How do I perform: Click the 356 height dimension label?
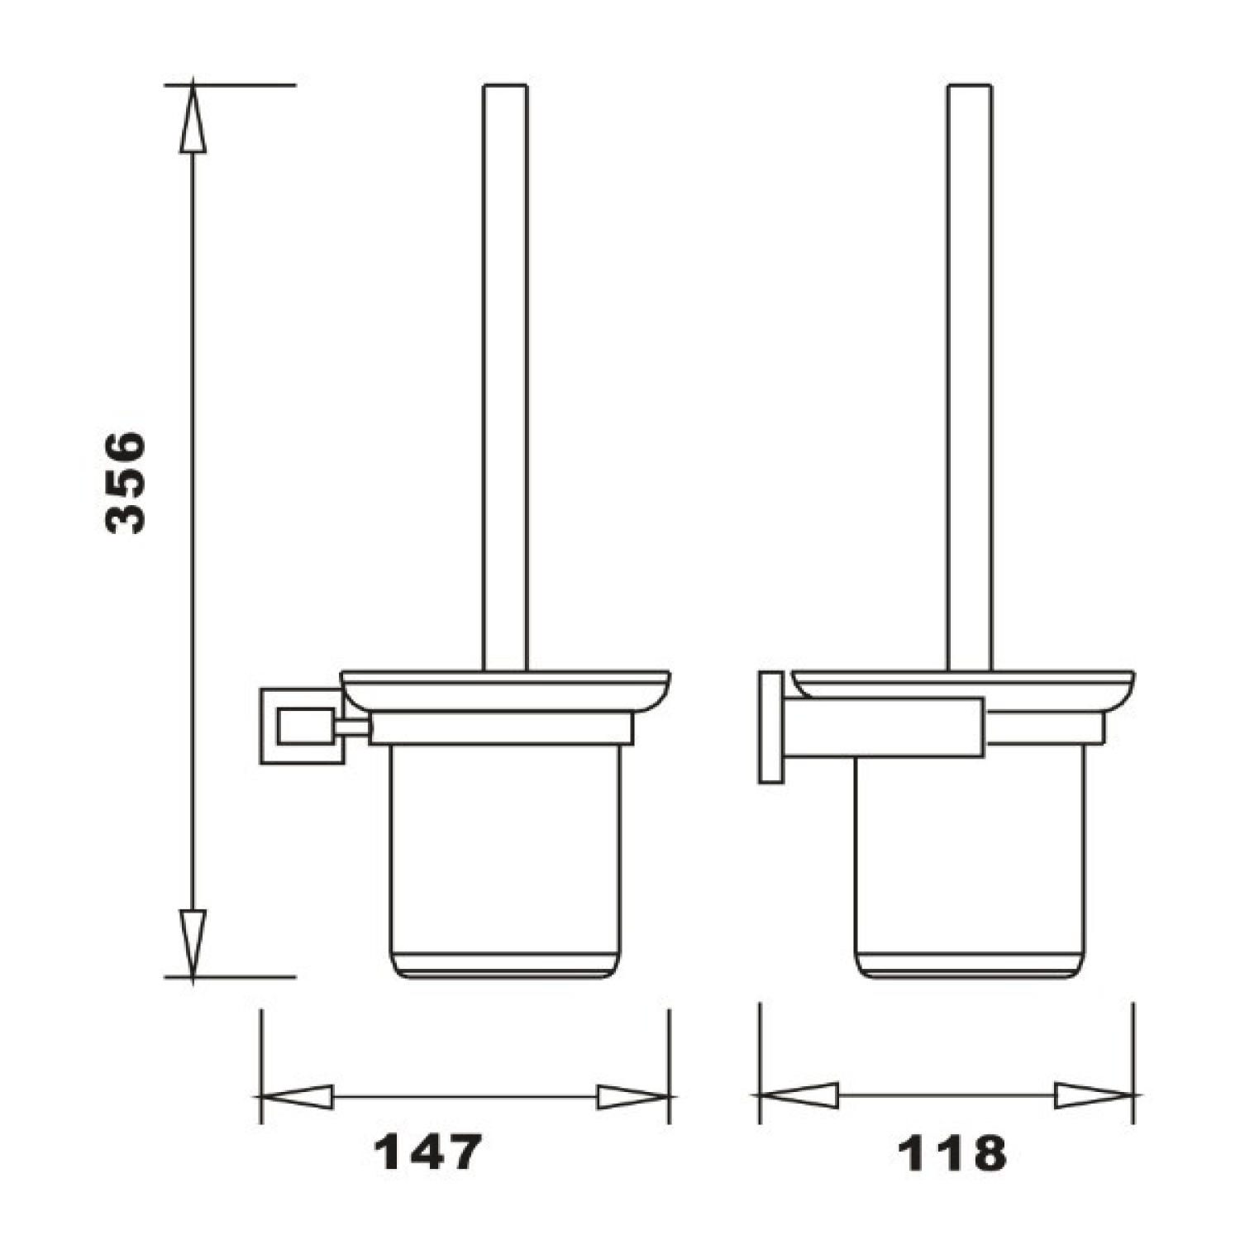(126, 482)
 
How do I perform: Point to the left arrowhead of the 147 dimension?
(297, 1097)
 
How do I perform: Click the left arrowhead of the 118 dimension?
(799, 1096)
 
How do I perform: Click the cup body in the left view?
(505, 860)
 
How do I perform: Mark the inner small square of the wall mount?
(306, 726)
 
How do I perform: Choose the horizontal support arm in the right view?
(885, 727)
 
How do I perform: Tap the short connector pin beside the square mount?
(352, 727)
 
